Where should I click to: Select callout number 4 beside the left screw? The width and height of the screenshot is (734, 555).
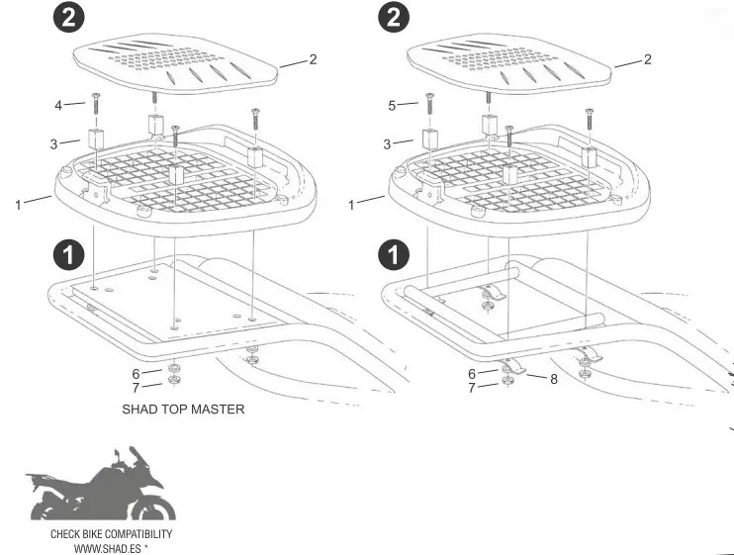click(58, 104)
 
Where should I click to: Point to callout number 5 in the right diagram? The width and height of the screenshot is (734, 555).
click(393, 104)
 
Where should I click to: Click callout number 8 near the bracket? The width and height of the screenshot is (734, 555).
click(553, 379)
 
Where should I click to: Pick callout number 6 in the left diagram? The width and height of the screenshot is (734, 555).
click(136, 373)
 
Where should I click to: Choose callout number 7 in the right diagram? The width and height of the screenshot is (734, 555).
click(471, 388)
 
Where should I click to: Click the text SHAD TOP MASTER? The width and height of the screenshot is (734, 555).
click(183, 409)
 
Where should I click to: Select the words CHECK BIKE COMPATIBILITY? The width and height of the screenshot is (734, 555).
click(111, 534)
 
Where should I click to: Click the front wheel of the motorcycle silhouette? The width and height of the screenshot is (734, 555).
click(157, 508)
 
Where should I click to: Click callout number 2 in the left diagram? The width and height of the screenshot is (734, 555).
click(313, 59)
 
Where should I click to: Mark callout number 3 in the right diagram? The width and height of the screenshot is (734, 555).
click(388, 144)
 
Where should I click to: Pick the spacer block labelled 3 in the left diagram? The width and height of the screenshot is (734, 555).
click(97, 138)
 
